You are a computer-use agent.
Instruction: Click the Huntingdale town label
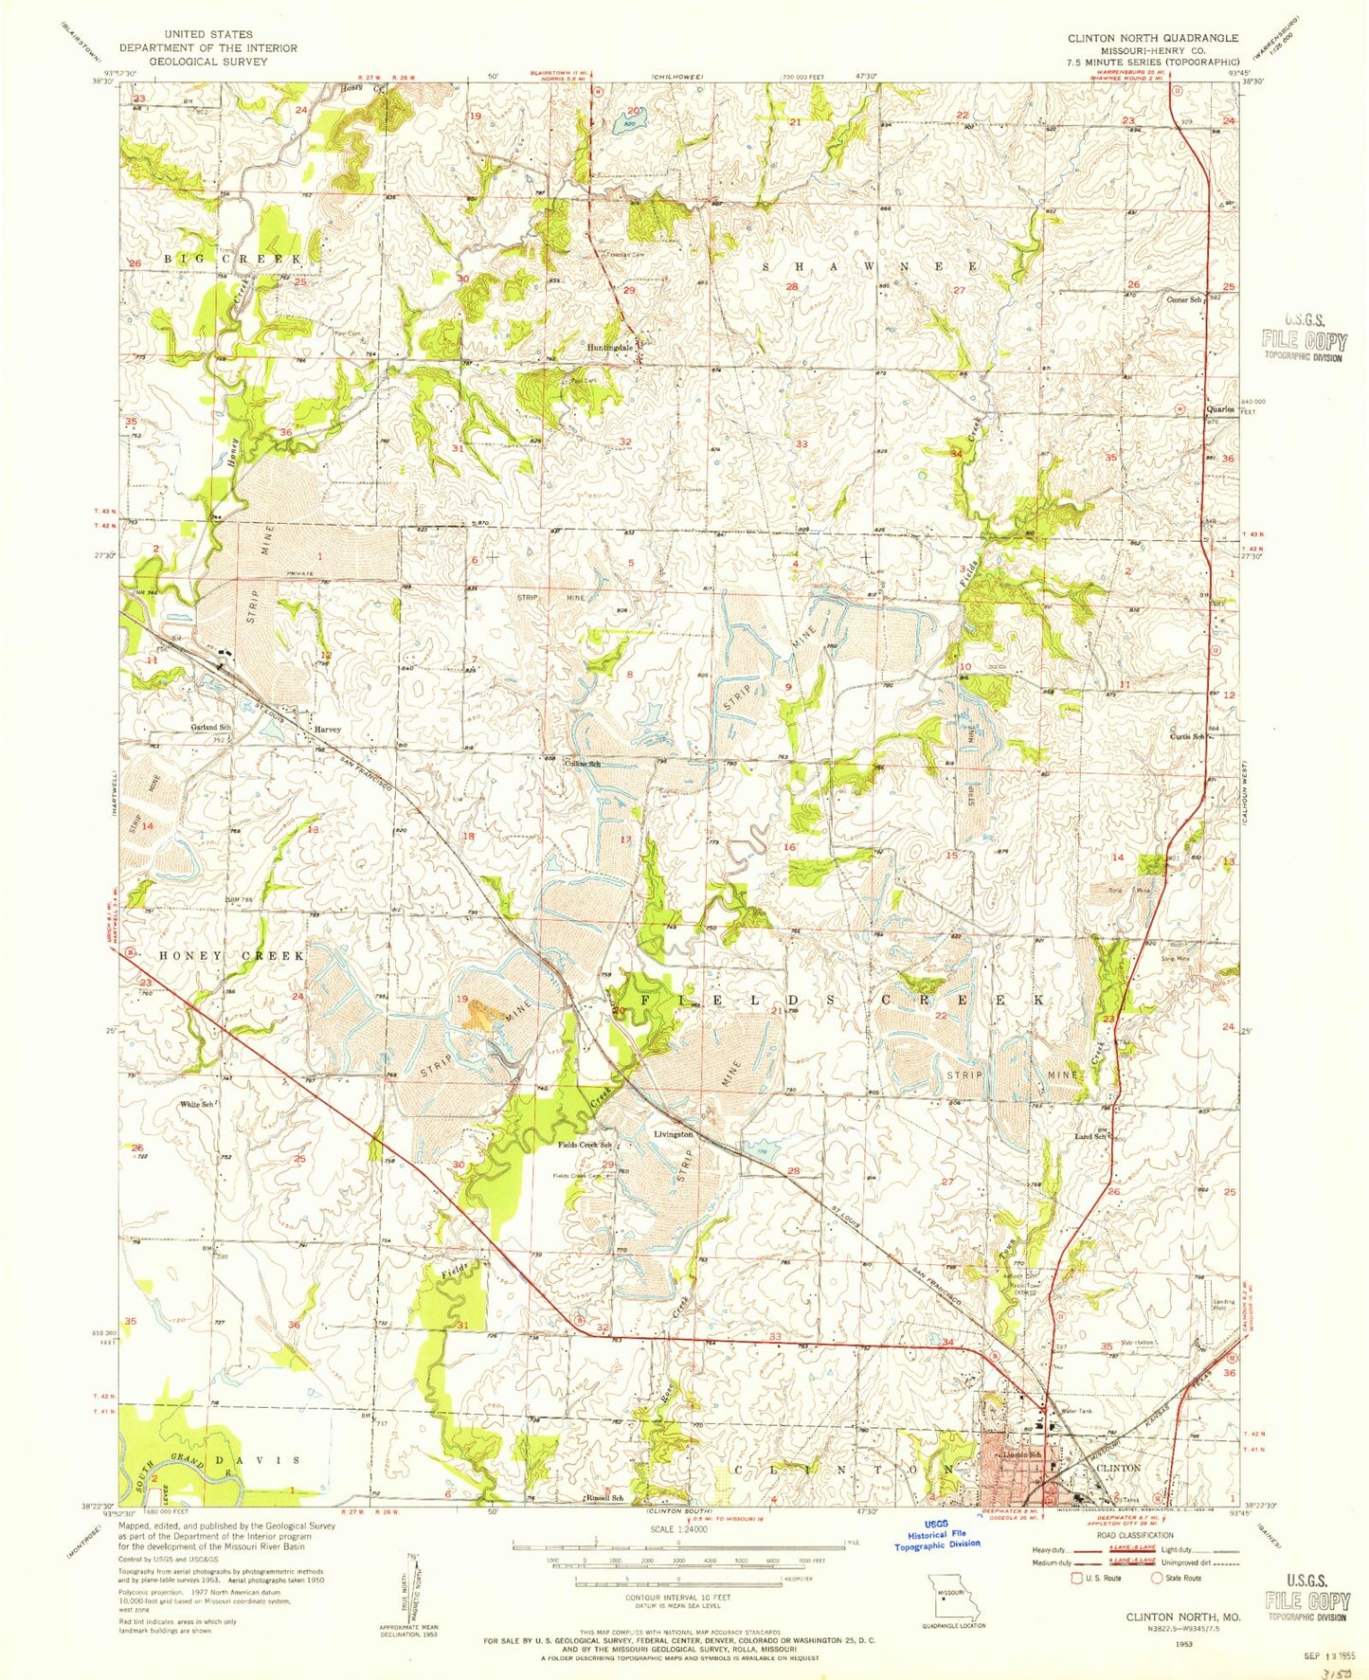coord(606,348)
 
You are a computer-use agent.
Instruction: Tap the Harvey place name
coord(327,730)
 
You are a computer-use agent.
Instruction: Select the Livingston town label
coord(674,1133)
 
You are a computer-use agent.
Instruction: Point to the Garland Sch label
coord(210,727)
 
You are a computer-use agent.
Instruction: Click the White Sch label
coord(200,1104)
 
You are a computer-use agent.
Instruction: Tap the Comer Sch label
coord(1184,299)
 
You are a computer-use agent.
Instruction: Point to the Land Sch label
coord(1090,1136)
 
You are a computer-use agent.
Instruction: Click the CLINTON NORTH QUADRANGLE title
coord(1139,38)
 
